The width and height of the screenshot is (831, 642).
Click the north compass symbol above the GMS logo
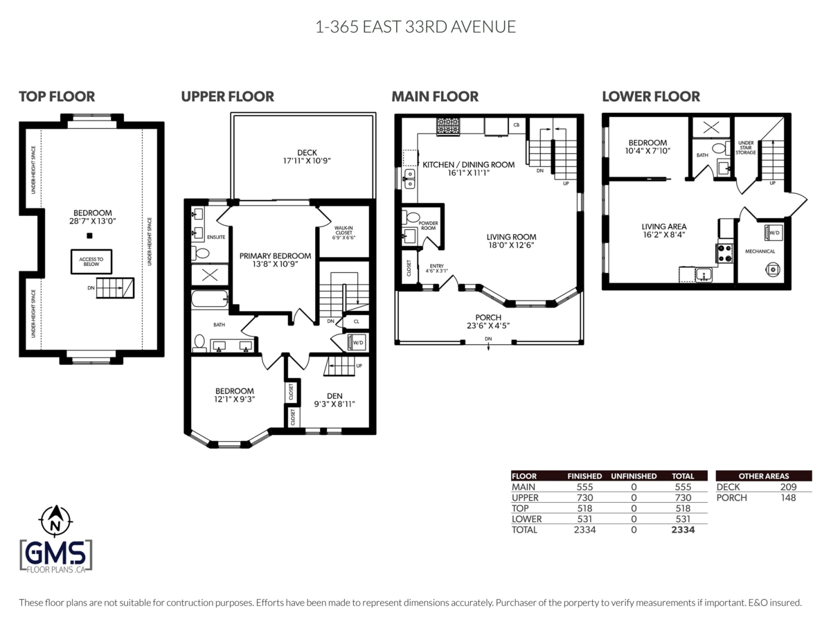point(56,520)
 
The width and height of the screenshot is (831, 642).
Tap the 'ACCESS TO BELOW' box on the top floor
point(91,262)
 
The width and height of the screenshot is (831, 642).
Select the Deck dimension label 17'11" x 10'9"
point(307,161)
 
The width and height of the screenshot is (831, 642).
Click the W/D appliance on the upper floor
point(357,343)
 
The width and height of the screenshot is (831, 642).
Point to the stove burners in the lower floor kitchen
point(724,253)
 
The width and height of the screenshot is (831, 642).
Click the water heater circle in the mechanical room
point(773,269)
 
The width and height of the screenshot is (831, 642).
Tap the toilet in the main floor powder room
point(411,217)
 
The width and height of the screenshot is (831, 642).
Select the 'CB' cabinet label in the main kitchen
point(517,125)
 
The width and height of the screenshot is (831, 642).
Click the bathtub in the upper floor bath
point(210,298)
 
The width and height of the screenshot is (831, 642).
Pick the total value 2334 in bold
point(683,530)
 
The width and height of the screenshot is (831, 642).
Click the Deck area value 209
point(788,487)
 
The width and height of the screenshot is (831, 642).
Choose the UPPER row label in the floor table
point(525,497)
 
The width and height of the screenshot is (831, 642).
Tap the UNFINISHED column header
point(634,476)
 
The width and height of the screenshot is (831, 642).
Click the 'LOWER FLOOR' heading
point(651,96)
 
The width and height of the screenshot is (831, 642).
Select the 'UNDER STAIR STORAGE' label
point(746,148)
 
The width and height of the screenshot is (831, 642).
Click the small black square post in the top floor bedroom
point(89,236)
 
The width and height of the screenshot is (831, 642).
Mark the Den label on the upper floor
point(334,396)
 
